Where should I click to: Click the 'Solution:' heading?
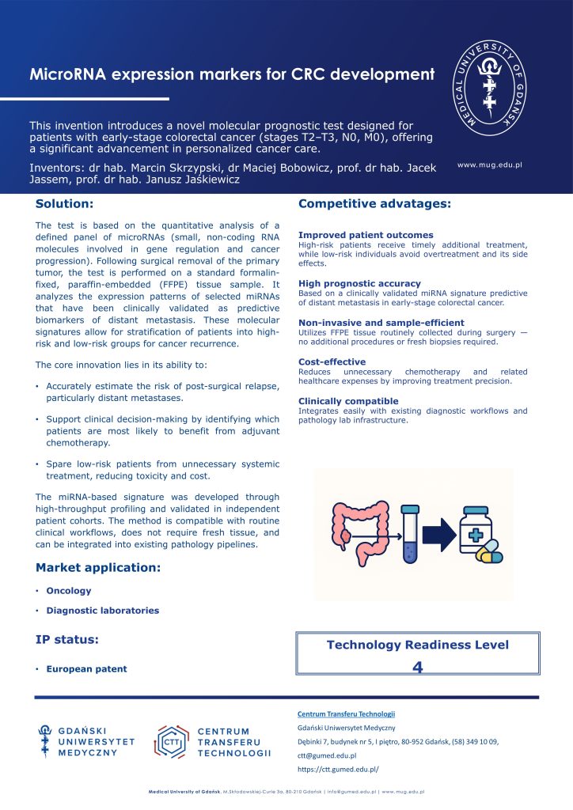click(65, 205)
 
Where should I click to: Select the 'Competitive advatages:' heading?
click(374, 205)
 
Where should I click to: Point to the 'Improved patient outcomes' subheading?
click(366, 235)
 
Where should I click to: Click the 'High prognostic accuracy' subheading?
click(359, 283)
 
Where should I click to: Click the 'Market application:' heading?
click(98, 568)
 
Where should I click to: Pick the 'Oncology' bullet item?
click(69, 591)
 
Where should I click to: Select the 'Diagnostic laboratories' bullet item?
click(102, 611)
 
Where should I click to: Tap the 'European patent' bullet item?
click(86, 669)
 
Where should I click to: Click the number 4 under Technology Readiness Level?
click(418, 668)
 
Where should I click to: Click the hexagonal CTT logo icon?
click(169, 742)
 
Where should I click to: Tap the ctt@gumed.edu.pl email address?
click(327, 755)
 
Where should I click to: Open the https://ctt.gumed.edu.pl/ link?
click(338, 769)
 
